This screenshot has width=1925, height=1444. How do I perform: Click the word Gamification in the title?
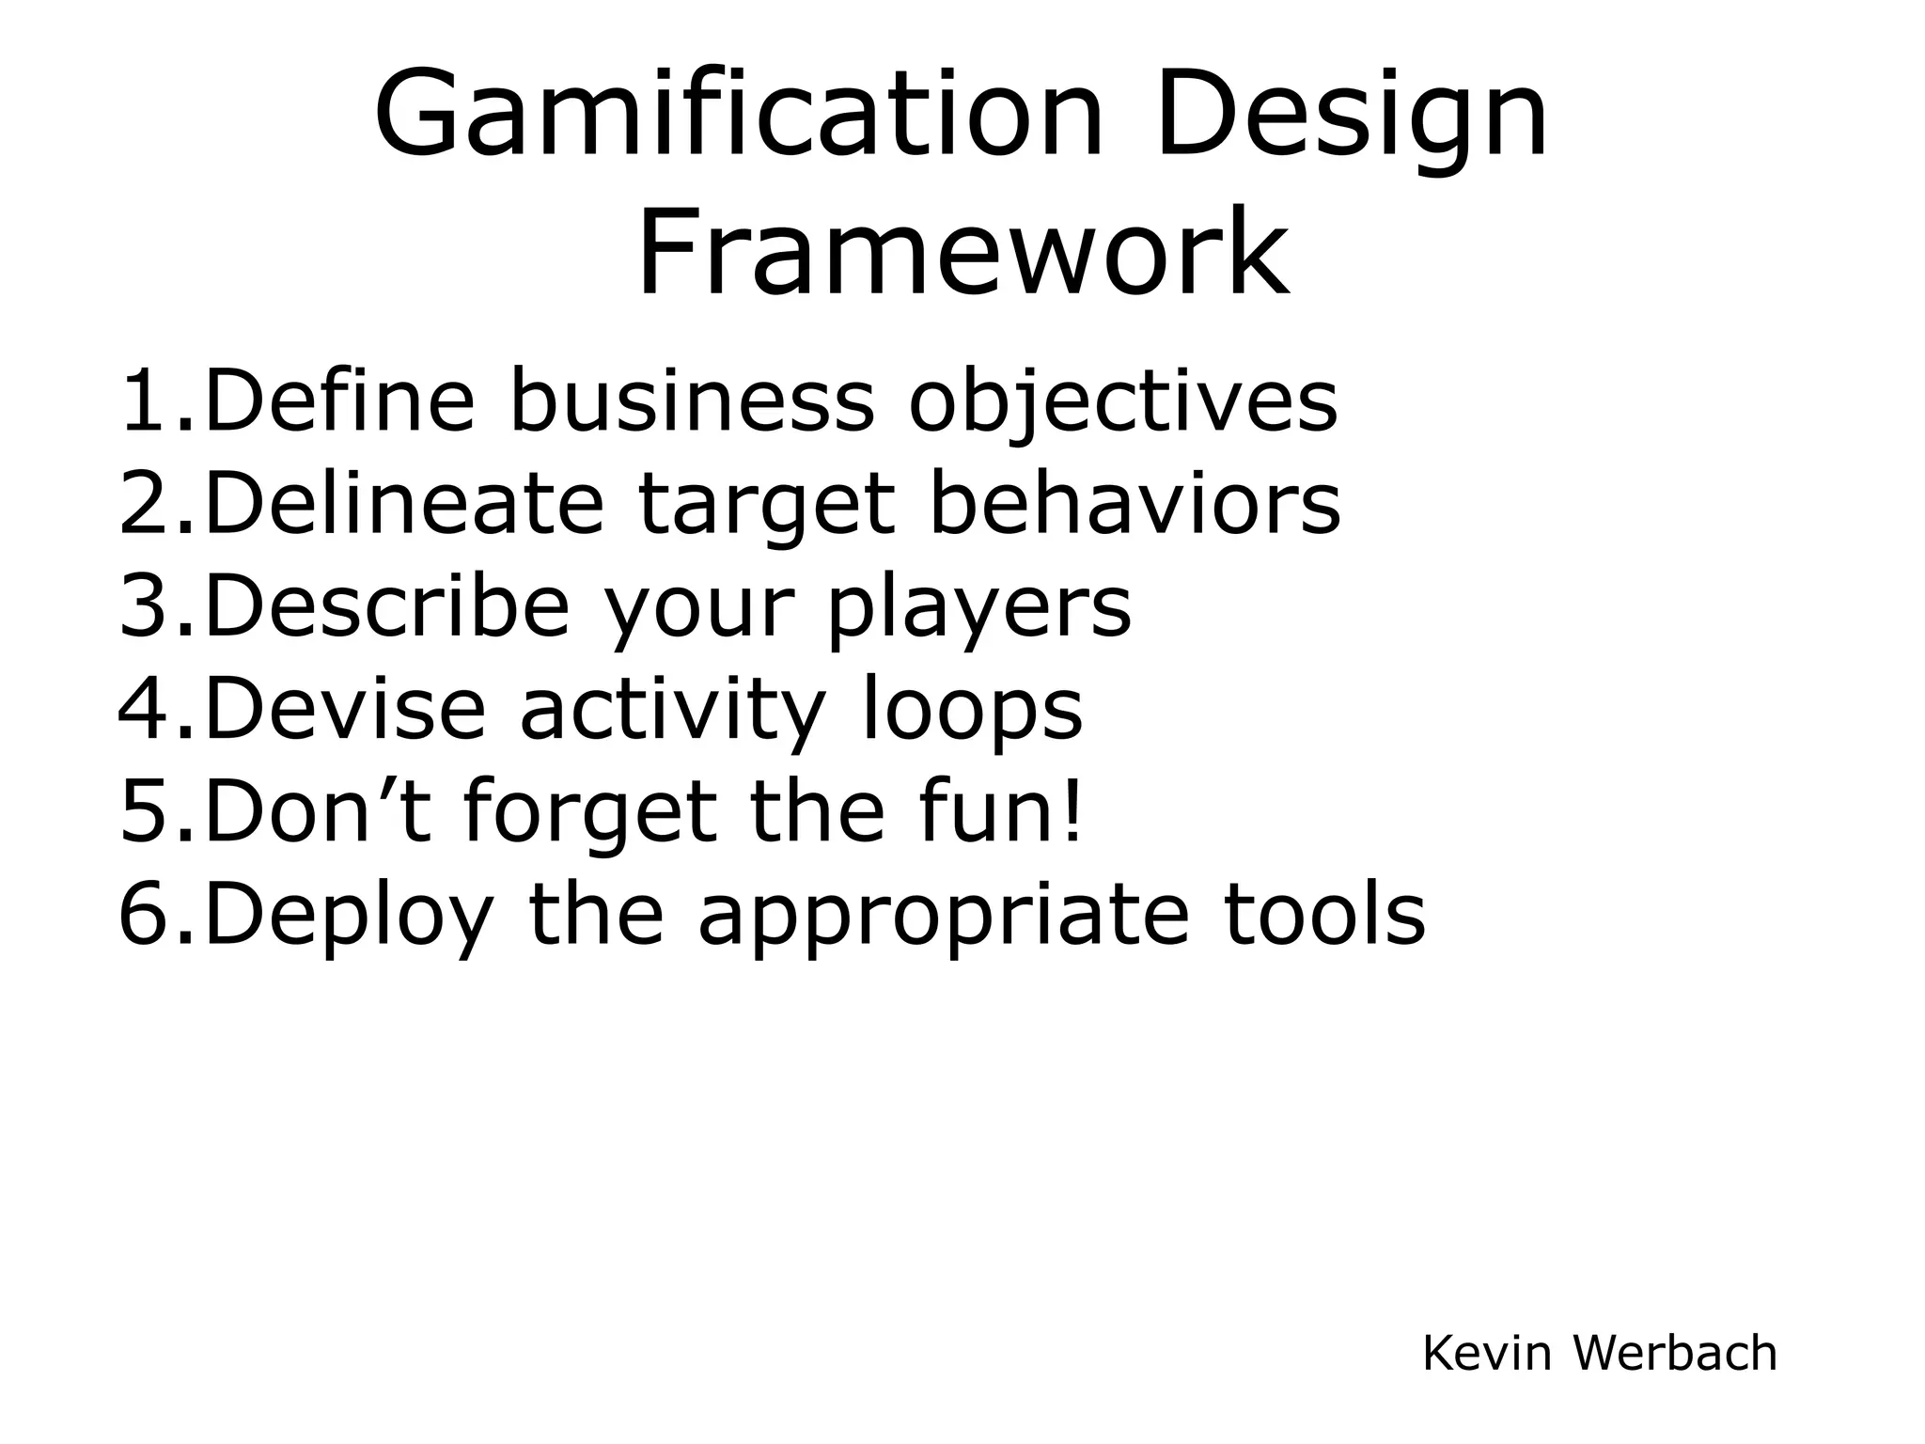point(739,116)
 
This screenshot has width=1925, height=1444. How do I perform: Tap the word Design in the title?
point(1352,116)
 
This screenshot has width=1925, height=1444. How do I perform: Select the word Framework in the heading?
point(962,252)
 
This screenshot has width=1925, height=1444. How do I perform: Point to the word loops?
point(972,711)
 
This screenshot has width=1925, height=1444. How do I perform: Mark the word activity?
point(672,711)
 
